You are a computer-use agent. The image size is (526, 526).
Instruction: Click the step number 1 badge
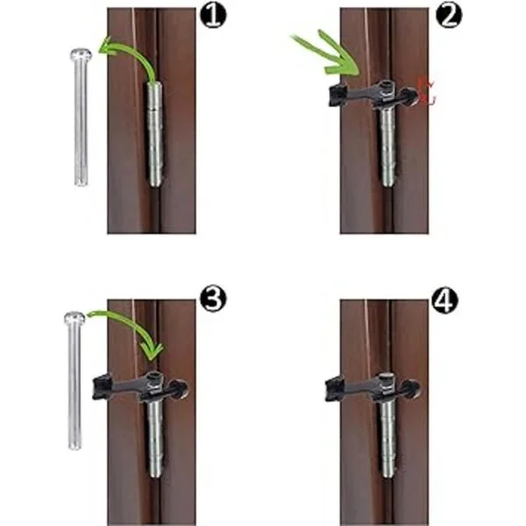click(x=213, y=16)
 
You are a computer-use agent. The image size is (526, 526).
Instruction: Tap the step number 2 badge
click(x=449, y=16)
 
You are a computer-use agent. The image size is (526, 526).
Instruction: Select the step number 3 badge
click(x=213, y=299)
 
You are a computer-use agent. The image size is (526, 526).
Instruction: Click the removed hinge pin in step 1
click(x=81, y=117)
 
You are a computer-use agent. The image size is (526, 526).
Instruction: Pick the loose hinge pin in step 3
click(x=75, y=380)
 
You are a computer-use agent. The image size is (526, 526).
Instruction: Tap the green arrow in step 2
click(x=327, y=53)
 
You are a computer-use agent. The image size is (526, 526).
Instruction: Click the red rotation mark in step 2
click(x=427, y=90)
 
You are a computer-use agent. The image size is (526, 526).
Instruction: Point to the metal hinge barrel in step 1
click(x=154, y=134)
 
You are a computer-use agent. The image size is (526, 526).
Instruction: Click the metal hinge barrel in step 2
click(x=388, y=145)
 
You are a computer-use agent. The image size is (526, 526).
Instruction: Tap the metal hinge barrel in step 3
click(x=154, y=436)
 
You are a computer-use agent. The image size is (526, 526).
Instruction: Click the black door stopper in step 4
click(x=373, y=387)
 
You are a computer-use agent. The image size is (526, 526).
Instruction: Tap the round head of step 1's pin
click(x=81, y=53)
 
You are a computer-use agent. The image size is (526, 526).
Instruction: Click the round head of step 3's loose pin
click(x=75, y=317)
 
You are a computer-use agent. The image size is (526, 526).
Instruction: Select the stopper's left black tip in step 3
click(x=102, y=387)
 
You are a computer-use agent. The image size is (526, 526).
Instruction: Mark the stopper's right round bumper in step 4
click(x=411, y=388)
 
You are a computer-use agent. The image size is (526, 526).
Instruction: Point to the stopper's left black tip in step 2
click(x=338, y=95)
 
